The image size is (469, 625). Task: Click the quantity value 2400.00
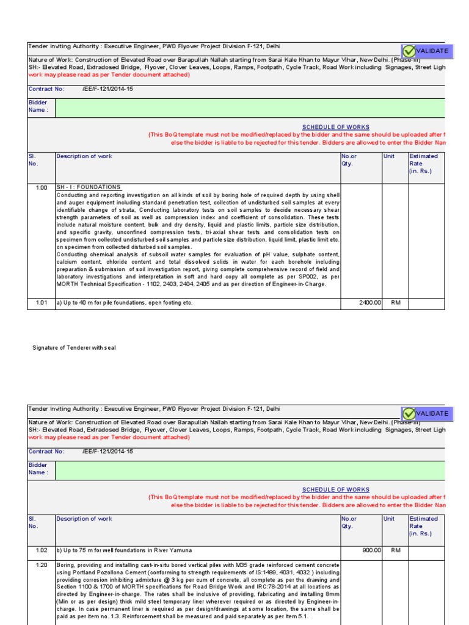[369, 302]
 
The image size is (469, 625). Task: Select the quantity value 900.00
[371, 550]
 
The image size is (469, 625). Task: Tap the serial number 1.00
[41, 187]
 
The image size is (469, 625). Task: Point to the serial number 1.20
[41, 565]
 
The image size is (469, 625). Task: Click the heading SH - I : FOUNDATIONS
[88, 187]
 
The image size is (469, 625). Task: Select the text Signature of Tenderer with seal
[74, 347]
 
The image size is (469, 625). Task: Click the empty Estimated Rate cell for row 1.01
[426, 302]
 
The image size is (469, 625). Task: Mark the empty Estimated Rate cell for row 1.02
[426, 550]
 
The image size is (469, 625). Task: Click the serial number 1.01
[41, 302]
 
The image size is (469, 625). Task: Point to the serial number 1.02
[41, 550]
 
